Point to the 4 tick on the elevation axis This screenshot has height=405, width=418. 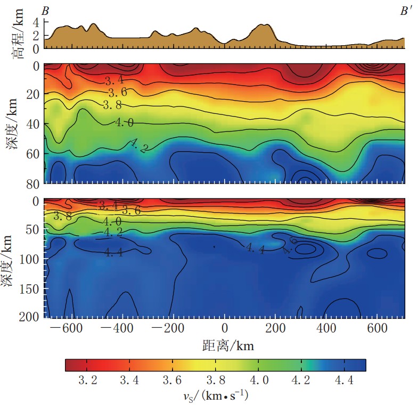coord(36,23)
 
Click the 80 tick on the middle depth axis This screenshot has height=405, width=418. coord(32,183)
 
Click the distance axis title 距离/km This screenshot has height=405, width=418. coord(228,346)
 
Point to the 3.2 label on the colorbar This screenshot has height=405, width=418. coord(87,381)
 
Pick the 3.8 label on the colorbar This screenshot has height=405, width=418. coord(216,381)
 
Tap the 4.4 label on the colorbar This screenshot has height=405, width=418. coord(344,381)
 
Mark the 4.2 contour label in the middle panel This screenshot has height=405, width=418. coord(138,146)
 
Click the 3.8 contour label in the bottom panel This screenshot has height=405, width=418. coord(63,216)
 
